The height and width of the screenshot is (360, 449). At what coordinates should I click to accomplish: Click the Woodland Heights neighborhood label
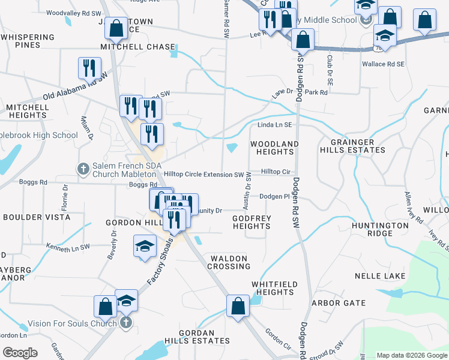274,148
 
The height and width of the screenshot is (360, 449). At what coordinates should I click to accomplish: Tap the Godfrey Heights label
252,222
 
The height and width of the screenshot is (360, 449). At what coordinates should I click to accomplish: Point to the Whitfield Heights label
272,288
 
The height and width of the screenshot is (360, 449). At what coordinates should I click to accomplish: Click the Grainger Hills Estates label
356,146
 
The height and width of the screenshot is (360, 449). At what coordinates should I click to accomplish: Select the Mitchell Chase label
137,46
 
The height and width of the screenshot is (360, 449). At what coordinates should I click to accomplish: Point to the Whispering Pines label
28,41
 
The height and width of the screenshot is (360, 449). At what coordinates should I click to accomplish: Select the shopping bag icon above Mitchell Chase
115,28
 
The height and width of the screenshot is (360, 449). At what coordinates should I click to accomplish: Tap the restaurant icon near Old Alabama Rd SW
89,68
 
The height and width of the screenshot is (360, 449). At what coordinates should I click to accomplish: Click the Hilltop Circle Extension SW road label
203,175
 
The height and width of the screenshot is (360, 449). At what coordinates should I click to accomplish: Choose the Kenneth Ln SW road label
68,246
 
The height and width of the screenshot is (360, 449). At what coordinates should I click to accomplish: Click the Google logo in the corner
20,353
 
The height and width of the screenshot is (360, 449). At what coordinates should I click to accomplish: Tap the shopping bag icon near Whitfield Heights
238,305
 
